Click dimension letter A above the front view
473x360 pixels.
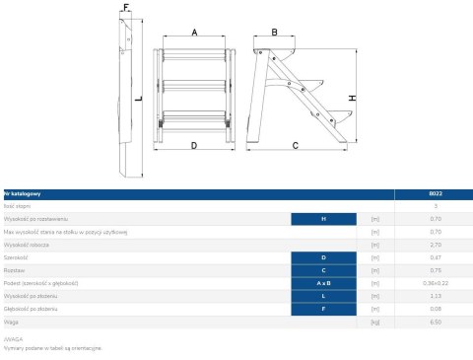(x=194, y=33)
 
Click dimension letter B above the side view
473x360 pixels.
(x=275, y=33)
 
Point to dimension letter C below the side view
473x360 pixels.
(x=295, y=145)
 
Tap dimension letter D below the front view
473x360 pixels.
(x=193, y=145)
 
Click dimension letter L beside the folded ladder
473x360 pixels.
(x=139, y=99)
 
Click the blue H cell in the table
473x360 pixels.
(x=324, y=218)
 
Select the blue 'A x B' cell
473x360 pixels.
(x=324, y=283)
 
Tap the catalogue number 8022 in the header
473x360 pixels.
(x=409, y=193)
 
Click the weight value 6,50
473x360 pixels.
(x=409, y=322)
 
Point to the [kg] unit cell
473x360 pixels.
(x=374, y=322)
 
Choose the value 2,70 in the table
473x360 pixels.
(x=409, y=244)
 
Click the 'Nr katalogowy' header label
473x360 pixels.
(x=22, y=193)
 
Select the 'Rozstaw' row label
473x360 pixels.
(x=15, y=269)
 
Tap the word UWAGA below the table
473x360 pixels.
(x=13, y=338)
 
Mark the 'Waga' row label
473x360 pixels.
(x=12, y=322)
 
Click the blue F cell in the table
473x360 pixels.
(x=324, y=309)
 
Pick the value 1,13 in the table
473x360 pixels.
(x=409, y=296)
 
